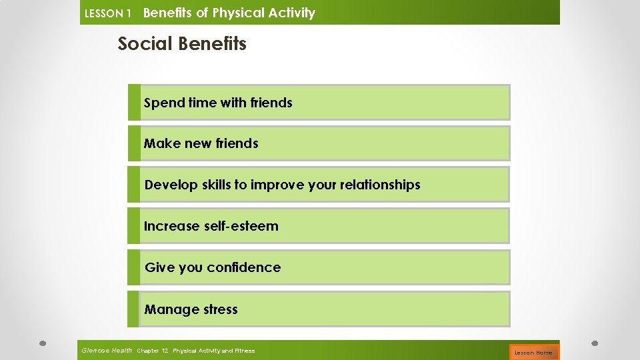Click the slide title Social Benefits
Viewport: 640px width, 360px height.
tap(182, 44)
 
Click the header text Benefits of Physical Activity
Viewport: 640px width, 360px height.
tap(229, 13)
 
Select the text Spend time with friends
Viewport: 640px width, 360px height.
tap(218, 103)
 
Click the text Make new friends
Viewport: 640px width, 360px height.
tap(201, 143)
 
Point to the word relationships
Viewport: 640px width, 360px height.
tap(378, 185)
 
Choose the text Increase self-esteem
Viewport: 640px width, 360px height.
tap(211, 226)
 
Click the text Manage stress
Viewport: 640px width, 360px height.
tap(191, 309)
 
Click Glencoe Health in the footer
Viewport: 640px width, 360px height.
tap(107, 351)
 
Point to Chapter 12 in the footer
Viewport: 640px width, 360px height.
tap(152, 351)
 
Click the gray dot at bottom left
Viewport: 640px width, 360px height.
tap(42, 344)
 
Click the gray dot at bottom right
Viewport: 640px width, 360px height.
tap(595, 344)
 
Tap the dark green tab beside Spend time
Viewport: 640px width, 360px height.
tap(134, 102)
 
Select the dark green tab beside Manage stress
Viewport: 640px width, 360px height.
tap(134, 309)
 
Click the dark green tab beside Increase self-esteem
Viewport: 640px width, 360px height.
tap(134, 226)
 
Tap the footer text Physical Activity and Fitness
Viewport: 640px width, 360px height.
tap(213, 351)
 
